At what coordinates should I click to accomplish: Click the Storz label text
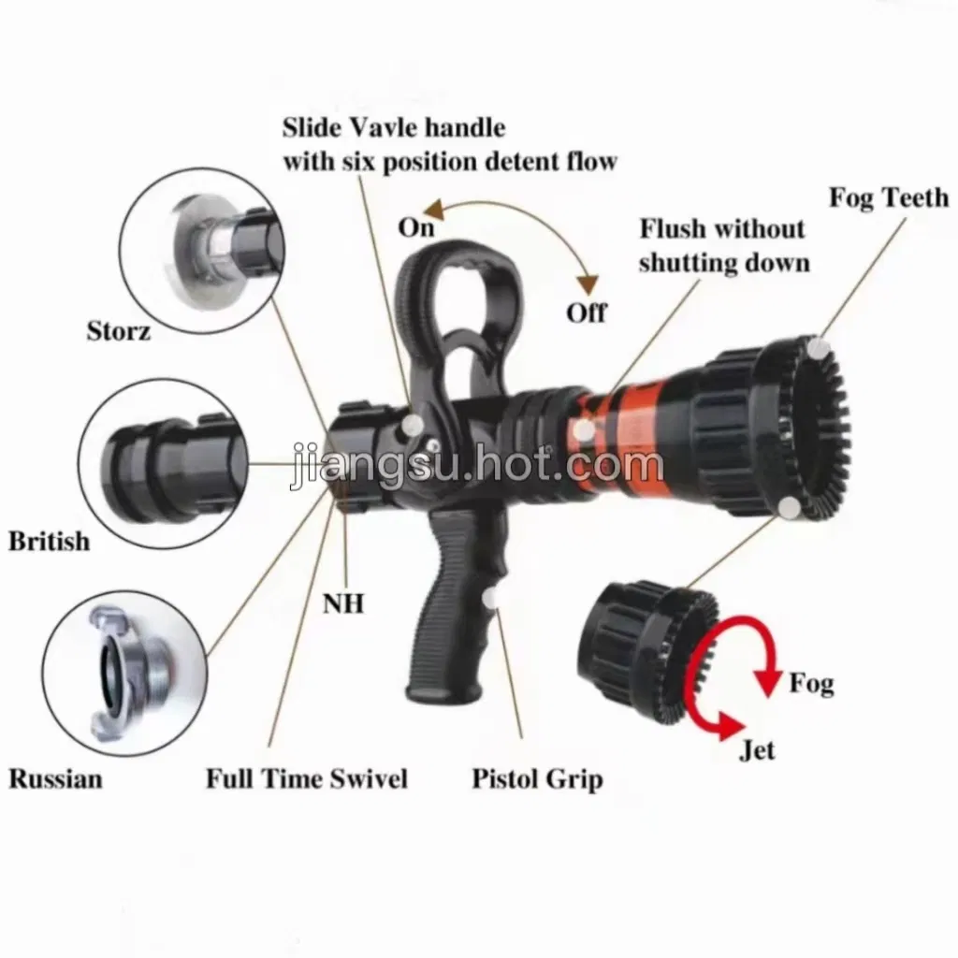coord(119,330)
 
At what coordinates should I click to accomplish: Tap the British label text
coord(50,541)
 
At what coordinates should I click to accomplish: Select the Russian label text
coord(56,778)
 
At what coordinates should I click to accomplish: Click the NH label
coord(343,603)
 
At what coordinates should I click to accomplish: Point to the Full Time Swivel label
coord(307,778)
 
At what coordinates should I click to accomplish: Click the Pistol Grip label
coord(537,778)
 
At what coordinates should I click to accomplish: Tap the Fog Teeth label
coord(889,197)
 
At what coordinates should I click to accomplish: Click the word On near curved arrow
coord(416,226)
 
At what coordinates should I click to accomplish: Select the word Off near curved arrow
coord(587,312)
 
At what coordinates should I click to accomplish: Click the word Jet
coord(757,750)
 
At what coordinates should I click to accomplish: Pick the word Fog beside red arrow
coord(811,683)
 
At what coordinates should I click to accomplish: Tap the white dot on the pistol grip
coord(490,597)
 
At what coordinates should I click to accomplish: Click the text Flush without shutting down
coord(723,245)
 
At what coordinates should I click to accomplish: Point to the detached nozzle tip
coord(636,646)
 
